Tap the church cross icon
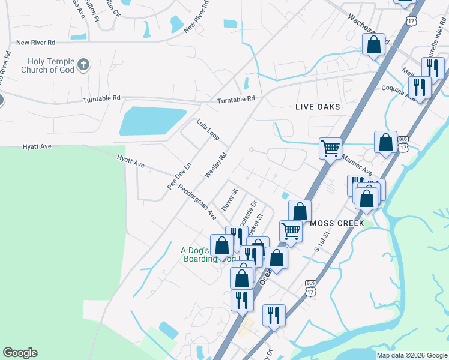(x=84, y=63)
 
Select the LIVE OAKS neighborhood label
(x=318, y=107)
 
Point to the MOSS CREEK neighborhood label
(x=337, y=223)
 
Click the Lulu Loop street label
(x=208, y=130)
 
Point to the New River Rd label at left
(x=36, y=43)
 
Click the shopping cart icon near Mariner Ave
(x=330, y=147)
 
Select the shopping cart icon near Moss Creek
(x=291, y=230)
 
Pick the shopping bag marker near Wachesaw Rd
(x=373, y=44)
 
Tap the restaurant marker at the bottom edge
(x=274, y=314)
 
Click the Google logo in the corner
(x=20, y=353)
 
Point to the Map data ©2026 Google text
(x=411, y=355)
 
